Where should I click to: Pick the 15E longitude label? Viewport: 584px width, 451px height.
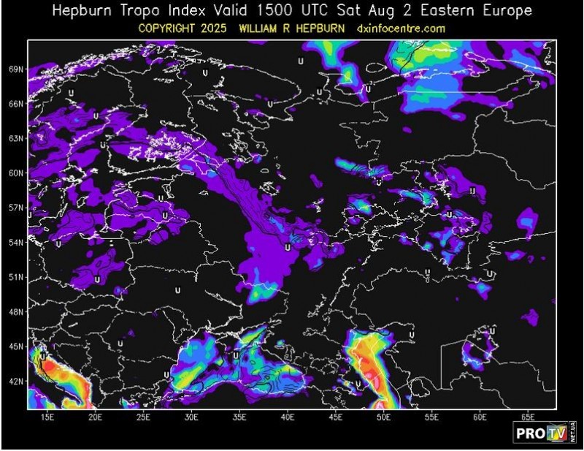(47, 417)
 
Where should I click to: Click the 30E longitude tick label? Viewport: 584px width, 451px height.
(192, 417)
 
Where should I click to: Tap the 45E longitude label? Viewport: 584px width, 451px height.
(336, 417)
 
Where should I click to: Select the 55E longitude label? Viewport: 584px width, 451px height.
(432, 417)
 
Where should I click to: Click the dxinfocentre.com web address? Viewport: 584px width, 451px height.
(401, 29)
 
